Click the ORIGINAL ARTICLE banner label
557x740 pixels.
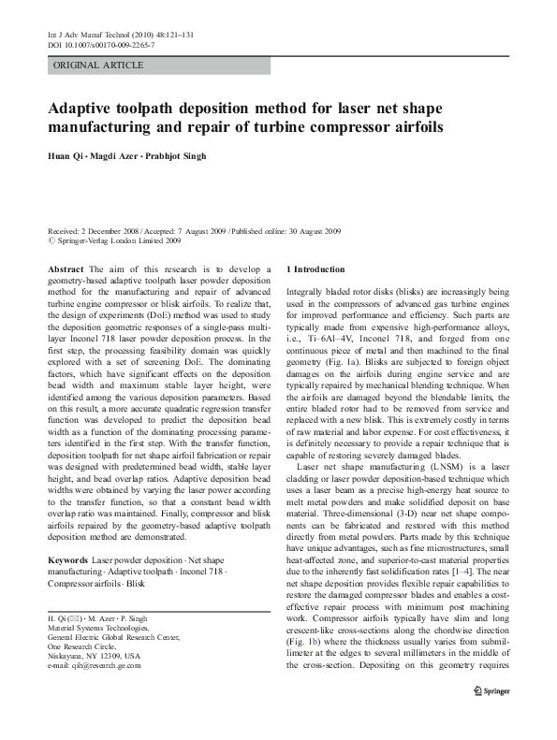point(98,65)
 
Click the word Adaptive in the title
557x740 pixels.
point(92,108)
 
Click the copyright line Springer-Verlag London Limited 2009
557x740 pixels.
point(119,240)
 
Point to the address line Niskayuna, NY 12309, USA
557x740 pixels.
point(93,656)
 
